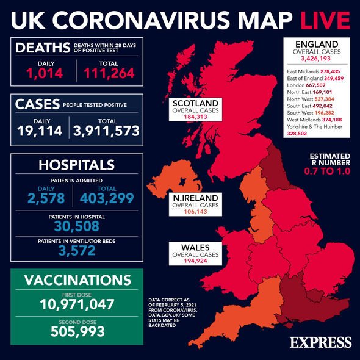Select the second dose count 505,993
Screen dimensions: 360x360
[77, 331]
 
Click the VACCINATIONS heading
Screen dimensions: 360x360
[77, 280]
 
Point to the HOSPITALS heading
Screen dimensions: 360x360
[77, 165]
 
